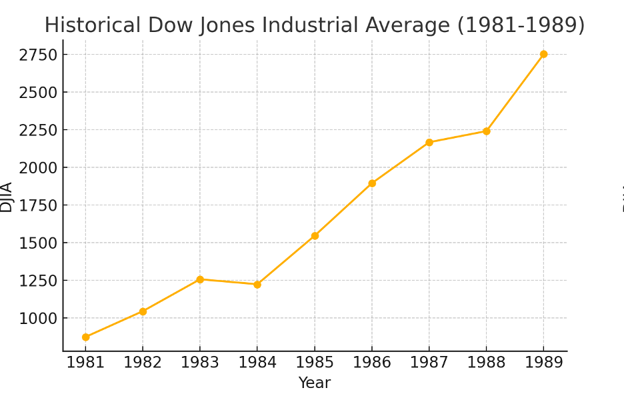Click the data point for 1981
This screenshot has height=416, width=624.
coord(85,337)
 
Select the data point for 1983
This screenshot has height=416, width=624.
coord(200,279)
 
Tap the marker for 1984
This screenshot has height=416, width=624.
coord(257,285)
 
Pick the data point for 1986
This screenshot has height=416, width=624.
coord(372,183)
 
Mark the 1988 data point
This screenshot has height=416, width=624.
coord(486,131)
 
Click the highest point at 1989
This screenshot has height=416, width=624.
coord(543,54)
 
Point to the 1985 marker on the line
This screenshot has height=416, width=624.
coord(315,236)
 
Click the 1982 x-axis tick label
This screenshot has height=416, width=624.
coord(143,363)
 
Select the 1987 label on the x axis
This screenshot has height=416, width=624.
coord(429,363)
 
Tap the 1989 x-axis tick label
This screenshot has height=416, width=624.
coord(543,363)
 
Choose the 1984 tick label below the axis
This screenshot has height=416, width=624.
coord(257,363)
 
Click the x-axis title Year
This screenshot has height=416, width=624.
coord(315,383)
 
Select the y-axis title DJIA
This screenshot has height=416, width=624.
coord(7,197)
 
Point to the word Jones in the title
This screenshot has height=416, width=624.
coord(224,26)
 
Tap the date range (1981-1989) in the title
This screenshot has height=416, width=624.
coord(521,26)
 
